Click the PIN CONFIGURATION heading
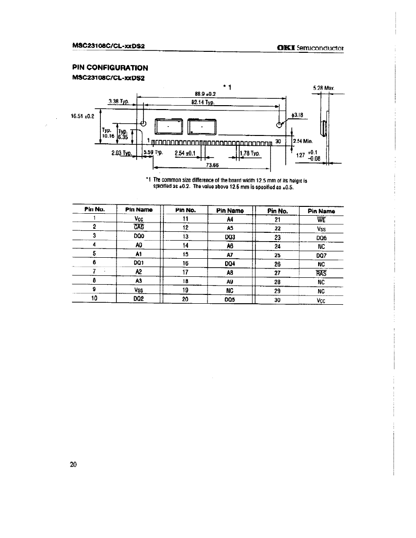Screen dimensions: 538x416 click(x=110, y=67)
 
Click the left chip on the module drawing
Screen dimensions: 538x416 click(x=169, y=127)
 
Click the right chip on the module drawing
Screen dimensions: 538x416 click(x=202, y=127)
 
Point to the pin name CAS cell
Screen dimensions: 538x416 click(x=139, y=226)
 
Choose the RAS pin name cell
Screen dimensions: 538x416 click(x=321, y=273)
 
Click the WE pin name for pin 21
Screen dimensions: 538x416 click(x=321, y=219)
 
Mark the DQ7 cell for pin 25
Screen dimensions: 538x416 click(x=321, y=255)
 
